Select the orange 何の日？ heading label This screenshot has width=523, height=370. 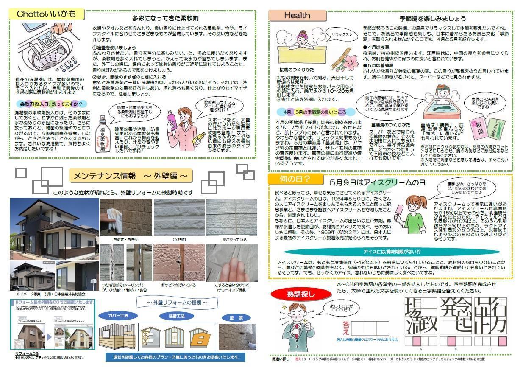[x=295, y=179]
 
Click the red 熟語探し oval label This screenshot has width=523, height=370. [x=301, y=293]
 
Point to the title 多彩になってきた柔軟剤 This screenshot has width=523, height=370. [x=165, y=18]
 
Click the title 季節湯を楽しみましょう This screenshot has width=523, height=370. [x=432, y=18]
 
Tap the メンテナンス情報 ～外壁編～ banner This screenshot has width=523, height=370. [x=131, y=176]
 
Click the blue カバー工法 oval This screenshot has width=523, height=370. [x=117, y=316]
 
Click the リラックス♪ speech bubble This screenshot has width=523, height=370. [x=342, y=34]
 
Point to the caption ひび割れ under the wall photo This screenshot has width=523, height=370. [x=179, y=240]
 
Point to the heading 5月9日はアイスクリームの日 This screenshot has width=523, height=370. [x=377, y=183]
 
